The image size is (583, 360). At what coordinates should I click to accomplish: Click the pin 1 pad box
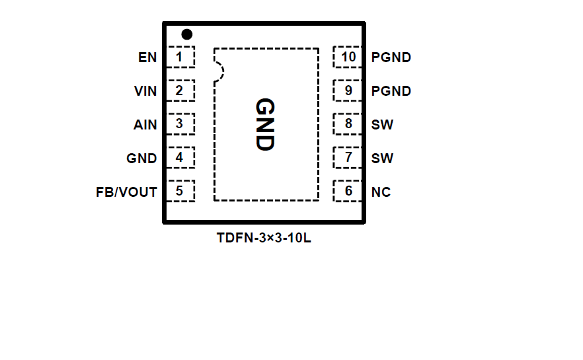180,57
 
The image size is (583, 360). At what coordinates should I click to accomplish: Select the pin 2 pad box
180,90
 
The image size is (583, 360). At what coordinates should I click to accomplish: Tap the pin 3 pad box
180,124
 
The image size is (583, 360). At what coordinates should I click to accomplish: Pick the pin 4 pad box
180,158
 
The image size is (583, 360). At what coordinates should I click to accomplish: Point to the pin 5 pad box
180,192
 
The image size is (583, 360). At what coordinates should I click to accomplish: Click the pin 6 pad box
348,192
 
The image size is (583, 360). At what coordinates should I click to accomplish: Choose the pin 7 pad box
348,158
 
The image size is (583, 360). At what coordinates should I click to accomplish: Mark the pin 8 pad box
348,124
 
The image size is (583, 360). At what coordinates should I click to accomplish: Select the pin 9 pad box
348,90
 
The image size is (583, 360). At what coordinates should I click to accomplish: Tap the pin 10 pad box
348,57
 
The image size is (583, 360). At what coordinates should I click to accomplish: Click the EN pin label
147,57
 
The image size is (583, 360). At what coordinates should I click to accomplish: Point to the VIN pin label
145,91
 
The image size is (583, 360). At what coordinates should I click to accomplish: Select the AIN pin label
145,124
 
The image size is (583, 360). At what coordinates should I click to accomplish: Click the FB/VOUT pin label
127,192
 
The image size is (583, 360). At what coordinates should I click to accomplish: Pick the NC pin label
381,192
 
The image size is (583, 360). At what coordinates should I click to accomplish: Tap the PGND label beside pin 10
391,57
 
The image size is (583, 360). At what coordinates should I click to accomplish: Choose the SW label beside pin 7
382,159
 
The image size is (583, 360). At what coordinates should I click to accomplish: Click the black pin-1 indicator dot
187,34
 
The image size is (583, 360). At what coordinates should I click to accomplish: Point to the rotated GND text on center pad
265,125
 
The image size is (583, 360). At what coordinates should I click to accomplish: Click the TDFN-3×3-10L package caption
264,238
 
